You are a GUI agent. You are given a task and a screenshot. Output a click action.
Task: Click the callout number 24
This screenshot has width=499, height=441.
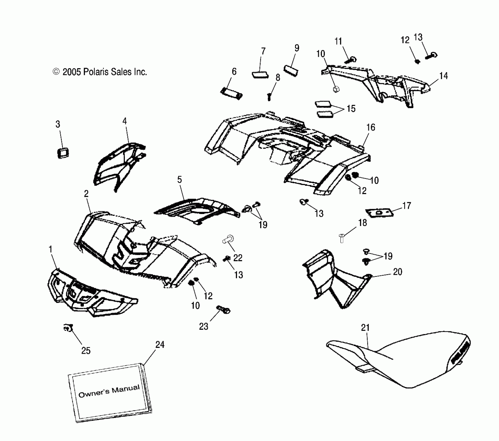pos(160,345)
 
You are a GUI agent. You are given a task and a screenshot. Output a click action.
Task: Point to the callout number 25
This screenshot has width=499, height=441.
pos(86,351)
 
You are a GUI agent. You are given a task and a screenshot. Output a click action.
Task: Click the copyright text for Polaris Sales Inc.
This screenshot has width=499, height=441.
pos(100,72)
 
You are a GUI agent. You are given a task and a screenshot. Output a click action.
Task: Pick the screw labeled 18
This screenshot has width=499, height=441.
pos(342,238)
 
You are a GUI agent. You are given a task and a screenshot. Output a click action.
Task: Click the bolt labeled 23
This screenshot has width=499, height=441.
pos(223,309)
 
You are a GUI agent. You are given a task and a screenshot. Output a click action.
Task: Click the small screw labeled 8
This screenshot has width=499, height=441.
pos(269,97)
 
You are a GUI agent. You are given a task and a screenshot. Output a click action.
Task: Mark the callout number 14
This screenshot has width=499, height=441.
pos(443,76)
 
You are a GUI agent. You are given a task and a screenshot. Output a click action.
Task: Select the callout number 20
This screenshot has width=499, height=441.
pos(398,272)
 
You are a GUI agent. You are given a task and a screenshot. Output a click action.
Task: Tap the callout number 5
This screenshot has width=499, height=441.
pos(180,180)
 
